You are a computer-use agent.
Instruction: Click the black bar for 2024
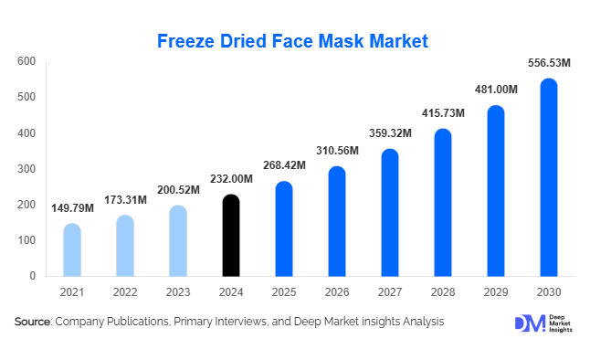coord(231,236)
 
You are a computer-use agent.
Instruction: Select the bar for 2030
coord(549,177)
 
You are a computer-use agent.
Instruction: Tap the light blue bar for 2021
coord(72,250)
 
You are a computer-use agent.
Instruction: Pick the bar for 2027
coord(390,213)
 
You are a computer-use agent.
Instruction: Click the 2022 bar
coord(125,246)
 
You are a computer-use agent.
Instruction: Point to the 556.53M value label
coord(549,63)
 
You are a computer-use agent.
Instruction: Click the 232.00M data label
coord(231,179)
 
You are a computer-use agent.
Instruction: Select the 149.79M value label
coord(72,208)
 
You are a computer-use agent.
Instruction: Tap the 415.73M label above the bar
coord(443,113)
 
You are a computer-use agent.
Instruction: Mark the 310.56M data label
coord(337,151)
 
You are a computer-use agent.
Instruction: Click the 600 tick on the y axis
coord(26,61)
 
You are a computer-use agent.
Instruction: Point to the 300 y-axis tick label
coord(26,169)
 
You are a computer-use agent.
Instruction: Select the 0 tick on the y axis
coord(32,276)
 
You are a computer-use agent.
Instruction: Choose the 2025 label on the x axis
coord(284,292)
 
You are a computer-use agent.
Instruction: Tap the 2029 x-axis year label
coord(496,292)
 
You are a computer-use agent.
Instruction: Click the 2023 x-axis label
coord(178,292)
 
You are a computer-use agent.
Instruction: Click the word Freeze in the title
coord(185,41)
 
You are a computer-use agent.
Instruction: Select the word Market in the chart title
coord(399,41)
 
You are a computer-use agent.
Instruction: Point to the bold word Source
coord(32,322)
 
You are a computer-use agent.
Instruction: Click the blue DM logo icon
coord(530,323)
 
